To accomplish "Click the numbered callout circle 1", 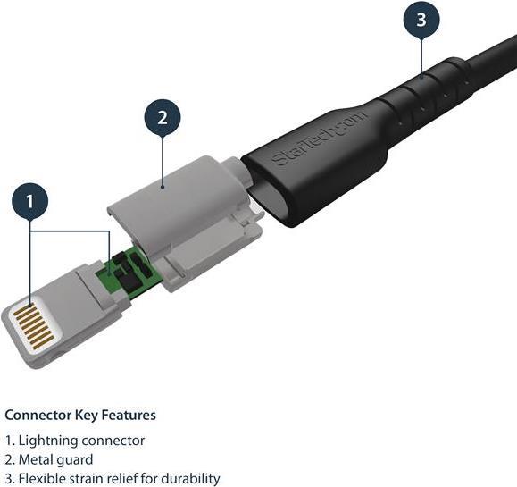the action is [x=30, y=201].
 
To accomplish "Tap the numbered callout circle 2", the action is [x=163, y=118].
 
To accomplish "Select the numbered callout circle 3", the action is [x=421, y=20].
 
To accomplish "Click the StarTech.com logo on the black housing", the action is [x=319, y=139].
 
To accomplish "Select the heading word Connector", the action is [x=38, y=416].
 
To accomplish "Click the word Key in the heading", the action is [x=87, y=416].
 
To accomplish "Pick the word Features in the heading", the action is [x=129, y=416].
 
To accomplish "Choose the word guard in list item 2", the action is [x=74, y=460].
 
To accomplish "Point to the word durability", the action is [x=190, y=479].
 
